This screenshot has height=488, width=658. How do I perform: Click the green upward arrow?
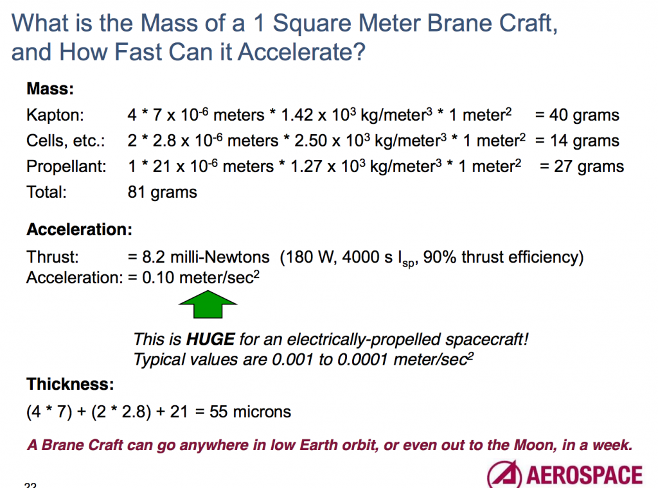pos(208,305)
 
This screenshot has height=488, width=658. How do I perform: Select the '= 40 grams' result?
pos(576,116)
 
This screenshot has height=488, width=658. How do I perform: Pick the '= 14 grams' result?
pos(576,141)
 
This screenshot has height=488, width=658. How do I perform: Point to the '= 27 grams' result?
pos(581,167)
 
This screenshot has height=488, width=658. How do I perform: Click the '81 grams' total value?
pos(163,192)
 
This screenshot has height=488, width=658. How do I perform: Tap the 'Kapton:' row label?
pos(55,116)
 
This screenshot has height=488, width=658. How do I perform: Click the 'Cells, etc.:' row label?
pos(66,141)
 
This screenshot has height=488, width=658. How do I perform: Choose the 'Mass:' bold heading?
pos(50,89)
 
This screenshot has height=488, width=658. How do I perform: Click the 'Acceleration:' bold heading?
pos(79,229)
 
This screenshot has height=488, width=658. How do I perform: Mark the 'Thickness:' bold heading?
pos(70,385)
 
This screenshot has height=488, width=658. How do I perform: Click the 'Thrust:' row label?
pos(53,257)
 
